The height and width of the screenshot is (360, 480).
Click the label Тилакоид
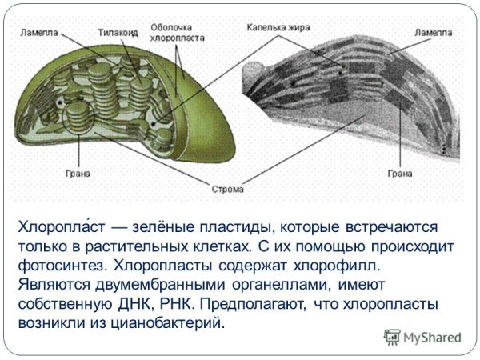click(x=118, y=33)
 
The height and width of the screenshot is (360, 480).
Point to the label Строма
click(x=230, y=190)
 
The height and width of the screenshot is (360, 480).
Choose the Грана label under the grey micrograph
click(x=399, y=173)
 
